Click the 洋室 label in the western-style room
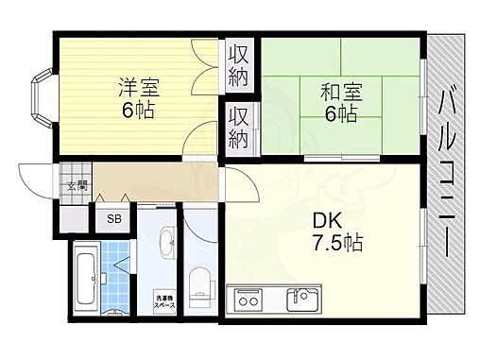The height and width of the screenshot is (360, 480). point(138,87)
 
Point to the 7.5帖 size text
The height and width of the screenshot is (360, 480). point(334,245)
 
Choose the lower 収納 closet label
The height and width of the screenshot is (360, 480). point(237,129)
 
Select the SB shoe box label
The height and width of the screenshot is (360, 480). point(113,219)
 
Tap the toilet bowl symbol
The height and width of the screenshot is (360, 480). point(200,283)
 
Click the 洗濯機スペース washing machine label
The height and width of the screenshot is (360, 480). point(164,303)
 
